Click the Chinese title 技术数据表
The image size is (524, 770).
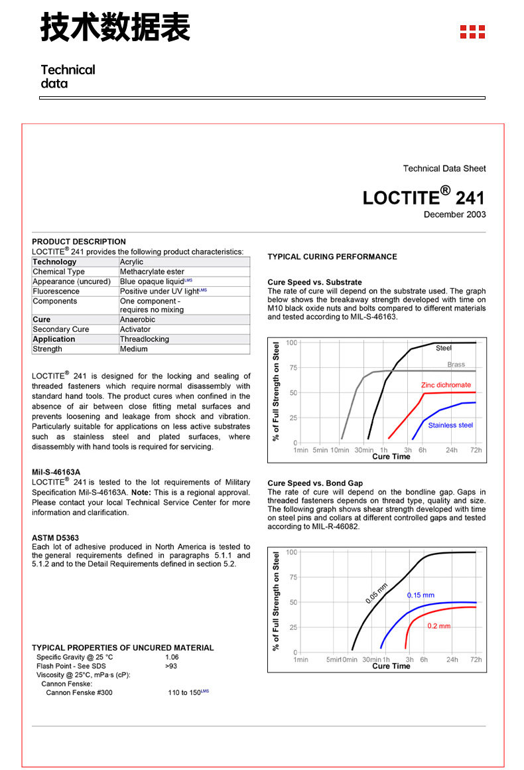pyautogui.click(x=115, y=28)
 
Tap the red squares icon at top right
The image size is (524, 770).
pyautogui.click(x=472, y=31)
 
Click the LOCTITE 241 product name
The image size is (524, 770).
pyautogui.click(x=424, y=197)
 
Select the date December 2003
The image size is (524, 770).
pyautogui.click(x=454, y=214)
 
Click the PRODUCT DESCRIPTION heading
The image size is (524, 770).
pyautogui.click(x=79, y=242)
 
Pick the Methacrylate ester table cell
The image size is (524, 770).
pyautogui.click(x=152, y=271)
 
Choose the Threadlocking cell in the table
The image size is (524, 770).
pyautogui.click(x=144, y=339)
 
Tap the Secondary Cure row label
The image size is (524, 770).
pyautogui.click(x=60, y=329)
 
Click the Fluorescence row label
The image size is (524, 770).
pyautogui.click(x=56, y=291)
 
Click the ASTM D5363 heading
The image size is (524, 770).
pyautogui.click(x=55, y=537)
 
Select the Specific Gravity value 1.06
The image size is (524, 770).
pyautogui.click(x=172, y=657)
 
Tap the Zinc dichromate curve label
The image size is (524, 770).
pyautogui.click(x=446, y=385)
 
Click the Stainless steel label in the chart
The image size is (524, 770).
pyautogui.click(x=450, y=425)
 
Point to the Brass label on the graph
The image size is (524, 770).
pyautogui.click(x=456, y=364)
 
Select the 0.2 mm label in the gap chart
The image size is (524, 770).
pyautogui.click(x=438, y=626)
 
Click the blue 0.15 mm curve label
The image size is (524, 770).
pyautogui.click(x=421, y=595)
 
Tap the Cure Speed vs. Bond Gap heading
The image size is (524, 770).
pyautogui.click(x=315, y=483)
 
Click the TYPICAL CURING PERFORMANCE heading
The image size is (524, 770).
pyautogui.click(x=332, y=257)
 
